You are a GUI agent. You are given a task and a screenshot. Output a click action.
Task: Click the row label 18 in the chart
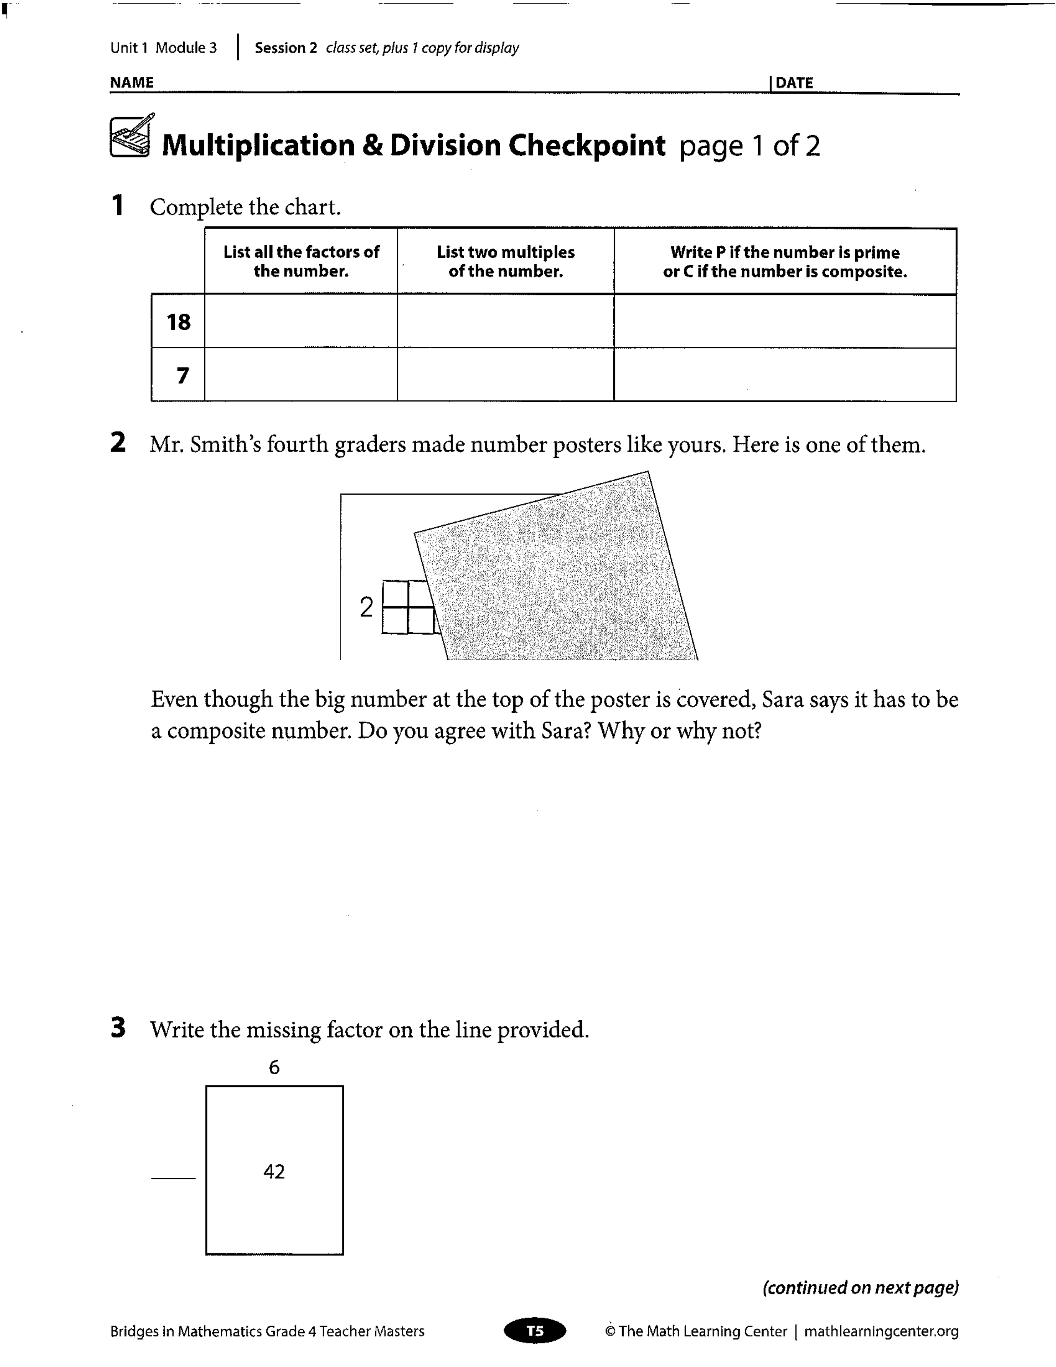click(x=178, y=322)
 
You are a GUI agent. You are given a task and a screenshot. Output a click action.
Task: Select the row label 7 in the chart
click(x=182, y=376)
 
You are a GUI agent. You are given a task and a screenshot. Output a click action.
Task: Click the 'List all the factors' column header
click(x=301, y=261)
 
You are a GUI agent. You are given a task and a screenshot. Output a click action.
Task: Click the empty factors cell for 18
click(x=301, y=321)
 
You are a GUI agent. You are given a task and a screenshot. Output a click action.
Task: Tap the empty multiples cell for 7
click(x=506, y=374)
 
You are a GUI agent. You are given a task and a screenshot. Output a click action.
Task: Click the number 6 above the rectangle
click(x=274, y=1067)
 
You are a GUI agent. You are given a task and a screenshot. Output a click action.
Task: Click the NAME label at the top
click(x=131, y=82)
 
